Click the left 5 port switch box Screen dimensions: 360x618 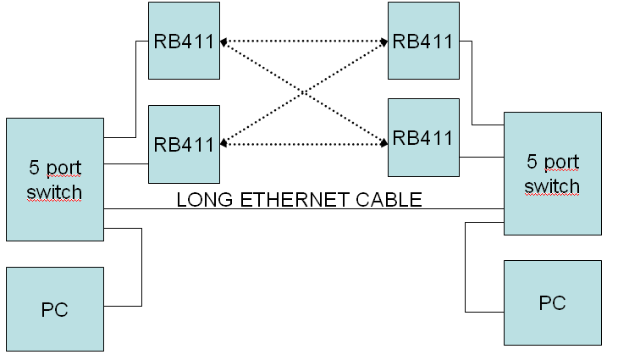[54, 179]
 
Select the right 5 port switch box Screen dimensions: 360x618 [552, 173]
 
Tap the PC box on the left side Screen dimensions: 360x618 [54, 308]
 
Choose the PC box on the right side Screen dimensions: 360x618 [552, 302]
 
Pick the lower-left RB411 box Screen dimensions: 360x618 [184, 143]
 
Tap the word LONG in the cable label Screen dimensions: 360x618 [201, 200]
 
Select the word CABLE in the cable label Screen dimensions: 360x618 [392, 200]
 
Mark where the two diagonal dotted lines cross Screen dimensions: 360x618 [303, 91]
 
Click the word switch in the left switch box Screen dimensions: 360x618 [54, 192]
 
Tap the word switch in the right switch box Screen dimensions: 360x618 [552, 186]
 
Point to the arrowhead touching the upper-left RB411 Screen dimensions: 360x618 [223, 40]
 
